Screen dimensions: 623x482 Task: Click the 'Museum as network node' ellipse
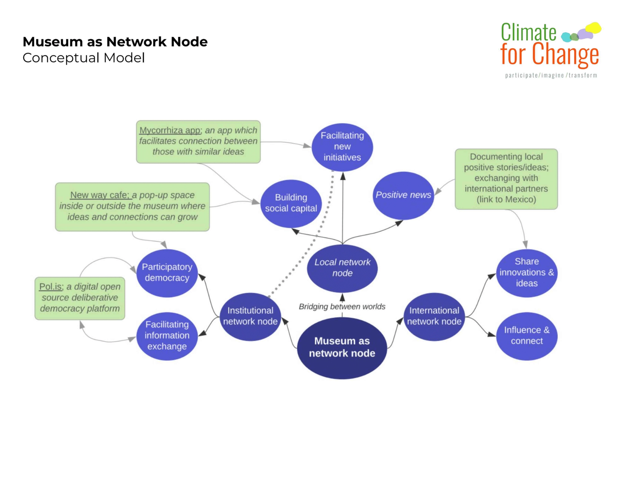(x=342, y=348)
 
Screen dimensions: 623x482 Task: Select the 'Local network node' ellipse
(x=342, y=268)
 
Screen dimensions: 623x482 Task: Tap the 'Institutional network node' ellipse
(x=250, y=316)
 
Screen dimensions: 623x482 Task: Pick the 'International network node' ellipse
(x=434, y=316)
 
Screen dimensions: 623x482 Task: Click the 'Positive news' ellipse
(x=403, y=195)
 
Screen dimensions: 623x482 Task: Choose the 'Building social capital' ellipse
(x=291, y=203)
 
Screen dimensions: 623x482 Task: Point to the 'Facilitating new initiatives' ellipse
(x=342, y=147)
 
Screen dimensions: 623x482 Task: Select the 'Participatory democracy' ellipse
(x=167, y=273)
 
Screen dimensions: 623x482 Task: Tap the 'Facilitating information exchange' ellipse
(x=167, y=336)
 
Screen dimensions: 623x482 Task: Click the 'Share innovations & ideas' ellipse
(x=527, y=273)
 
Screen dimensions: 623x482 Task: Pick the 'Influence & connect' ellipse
(x=527, y=336)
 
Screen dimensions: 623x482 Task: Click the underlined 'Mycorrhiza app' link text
(x=170, y=130)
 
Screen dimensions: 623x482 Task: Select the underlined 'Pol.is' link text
(x=51, y=287)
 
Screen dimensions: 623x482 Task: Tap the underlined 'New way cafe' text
(x=101, y=195)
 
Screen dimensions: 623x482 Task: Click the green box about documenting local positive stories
(x=506, y=179)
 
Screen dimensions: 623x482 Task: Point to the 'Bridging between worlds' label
(x=342, y=307)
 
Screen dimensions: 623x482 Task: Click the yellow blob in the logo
(x=593, y=28)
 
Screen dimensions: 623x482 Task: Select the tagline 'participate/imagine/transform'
(x=551, y=75)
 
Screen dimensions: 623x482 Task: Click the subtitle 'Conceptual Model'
(x=83, y=58)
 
